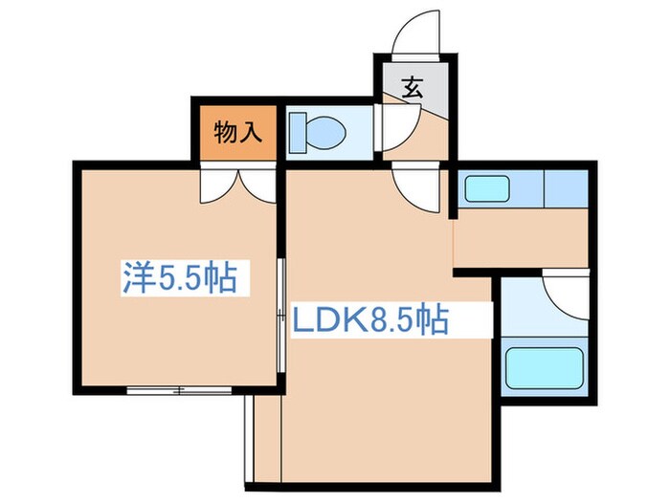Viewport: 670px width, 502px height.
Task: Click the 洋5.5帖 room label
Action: tap(180, 278)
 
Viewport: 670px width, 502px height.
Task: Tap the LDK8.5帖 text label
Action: tap(369, 319)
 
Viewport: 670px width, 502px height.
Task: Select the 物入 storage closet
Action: tap(236, 132)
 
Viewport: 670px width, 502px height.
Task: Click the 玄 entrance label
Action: tap(413, 90)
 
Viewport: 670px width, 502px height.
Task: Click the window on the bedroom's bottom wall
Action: tap(179, 390)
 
